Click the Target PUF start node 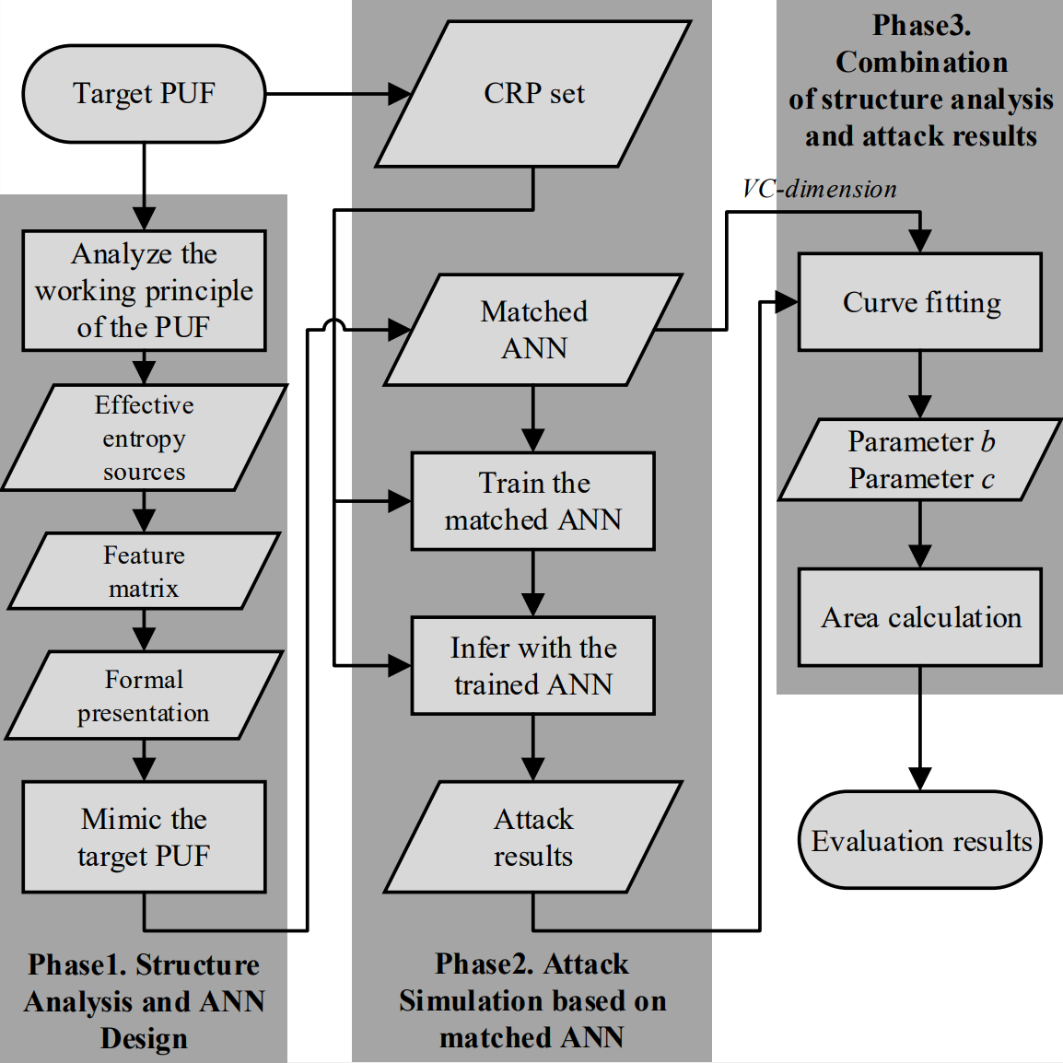click(x=144, y=94)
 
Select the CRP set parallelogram click(x=533, y=94)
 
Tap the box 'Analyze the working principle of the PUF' click(x=144, y=290)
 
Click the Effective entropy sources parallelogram click(x=144, y=438)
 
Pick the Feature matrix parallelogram click(x=144, y=571)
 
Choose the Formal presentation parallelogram click(x=144, y=695)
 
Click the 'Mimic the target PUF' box click(x=144, y=837)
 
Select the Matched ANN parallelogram click(x=533, y=330)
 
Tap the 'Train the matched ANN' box click(x=533, y=501)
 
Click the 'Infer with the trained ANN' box click(x=533, y=666)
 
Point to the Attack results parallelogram click(x=533, y=837)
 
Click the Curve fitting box click(x=920, y=302)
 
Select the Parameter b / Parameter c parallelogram click(x=920, y=460)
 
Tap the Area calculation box click(x=920, y=617)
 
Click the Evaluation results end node click(x=920, y=840)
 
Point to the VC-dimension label click(x=819, y=189)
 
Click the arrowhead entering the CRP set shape click(x=399, y=94)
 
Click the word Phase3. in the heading click(x=921, y=25)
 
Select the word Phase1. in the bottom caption click(x=77, y=964)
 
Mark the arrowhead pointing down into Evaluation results click(x=920, y=778)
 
